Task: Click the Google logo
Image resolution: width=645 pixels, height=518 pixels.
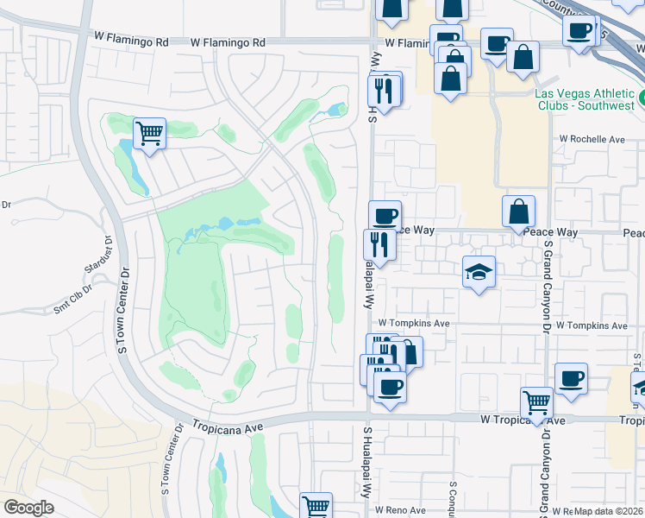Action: pyautogui.click(x=29, y=507)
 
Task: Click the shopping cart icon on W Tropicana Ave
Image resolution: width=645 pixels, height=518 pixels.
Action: pyautogui.click(x=537, y=402)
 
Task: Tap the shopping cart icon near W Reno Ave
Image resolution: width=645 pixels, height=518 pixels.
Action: pyautogui.click(x=316, y=506)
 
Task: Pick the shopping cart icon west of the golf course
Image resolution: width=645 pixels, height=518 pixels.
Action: pyautogui.click(x=150, y=133)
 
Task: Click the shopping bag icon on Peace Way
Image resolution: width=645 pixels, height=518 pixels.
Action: pyautogui.click(x=519, y=211)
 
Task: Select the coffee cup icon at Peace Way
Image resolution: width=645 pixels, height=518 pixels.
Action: pyautogui.click(x=385, y=215)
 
